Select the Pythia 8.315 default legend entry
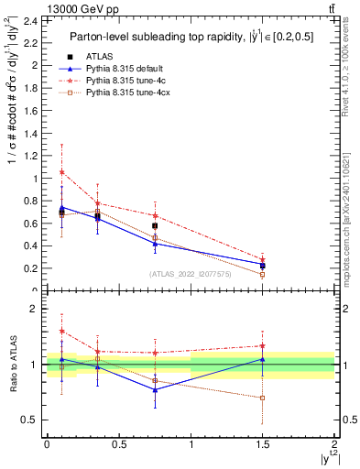pos(116,69)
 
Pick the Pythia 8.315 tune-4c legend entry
pos(116,81)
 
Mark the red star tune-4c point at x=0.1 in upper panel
pos(61,172)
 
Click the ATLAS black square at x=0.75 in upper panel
pos(155,225)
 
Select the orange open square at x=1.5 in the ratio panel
pos(263,398)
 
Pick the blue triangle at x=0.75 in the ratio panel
pos(155,389)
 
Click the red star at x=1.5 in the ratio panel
pos(263,346)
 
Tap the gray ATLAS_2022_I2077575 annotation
pos(191,273)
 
